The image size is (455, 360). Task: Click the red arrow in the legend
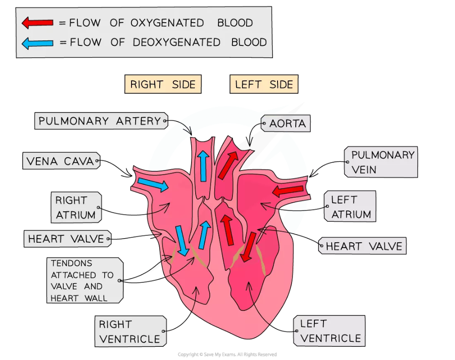(37, 23)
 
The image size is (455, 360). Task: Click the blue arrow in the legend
(37, 43)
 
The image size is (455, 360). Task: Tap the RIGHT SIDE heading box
(163, 84)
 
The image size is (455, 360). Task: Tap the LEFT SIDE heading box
(264, 84)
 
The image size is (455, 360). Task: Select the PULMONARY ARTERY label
(101, 121)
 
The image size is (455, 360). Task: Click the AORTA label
(286, 124)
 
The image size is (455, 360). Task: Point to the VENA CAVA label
(61, 161)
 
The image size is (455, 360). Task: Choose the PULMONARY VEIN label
(381, 162)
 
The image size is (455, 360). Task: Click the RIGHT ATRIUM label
(76, 207)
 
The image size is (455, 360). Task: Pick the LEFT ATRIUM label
(350, 206)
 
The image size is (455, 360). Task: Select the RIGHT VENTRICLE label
(131, 331)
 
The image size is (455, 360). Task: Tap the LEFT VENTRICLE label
(329, 331)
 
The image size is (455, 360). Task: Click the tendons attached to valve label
(85, 280)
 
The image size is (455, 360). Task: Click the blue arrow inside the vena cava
(153, 185)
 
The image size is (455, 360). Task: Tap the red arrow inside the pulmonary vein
(288, 191)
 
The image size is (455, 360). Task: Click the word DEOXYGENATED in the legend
(177, 42)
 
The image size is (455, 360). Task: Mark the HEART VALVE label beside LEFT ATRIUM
(363, 246)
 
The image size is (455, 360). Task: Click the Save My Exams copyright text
(227, 355)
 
